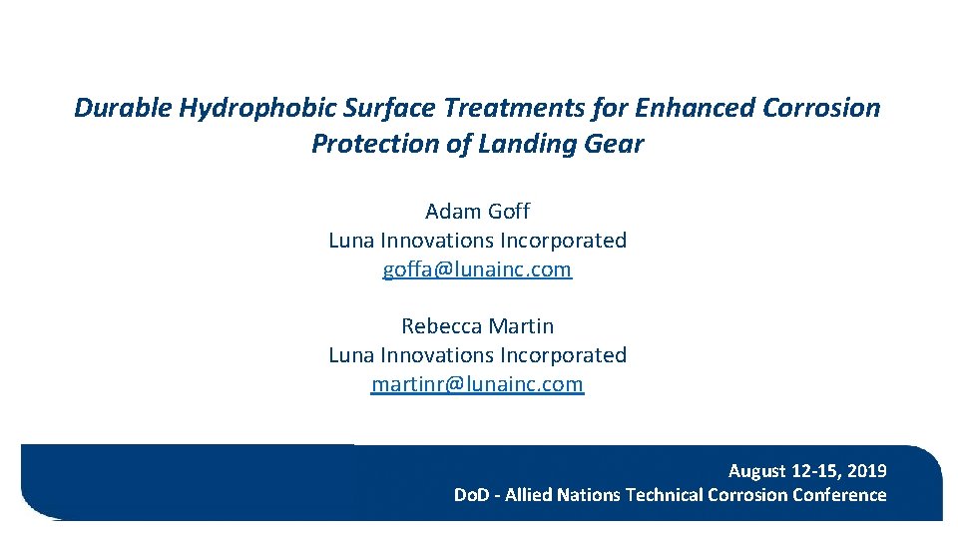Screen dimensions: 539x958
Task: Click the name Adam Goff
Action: pyautogui.click(x=477, y=212)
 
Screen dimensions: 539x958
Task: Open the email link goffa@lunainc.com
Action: pyautogui.click(x=477, y=269)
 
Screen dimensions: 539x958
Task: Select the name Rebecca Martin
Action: pyautogui.click(x=477, y=326)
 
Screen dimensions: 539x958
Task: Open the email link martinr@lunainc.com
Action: pyautogui.click(x=477, y=384)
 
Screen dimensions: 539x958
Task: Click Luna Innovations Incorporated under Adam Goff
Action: pyautogui.click(x=477, y=241)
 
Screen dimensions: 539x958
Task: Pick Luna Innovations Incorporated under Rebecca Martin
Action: pyautogui.click(x=477, y=355)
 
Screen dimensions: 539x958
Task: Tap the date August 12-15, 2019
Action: pyautogui.click(x=806, y=471)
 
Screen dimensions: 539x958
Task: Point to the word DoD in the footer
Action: pyautogui.click(x=471, y=495)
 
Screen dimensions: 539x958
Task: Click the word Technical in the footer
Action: pyautogui.click(x=664, y=495)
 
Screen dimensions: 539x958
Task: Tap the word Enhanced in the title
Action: pyautogui.click(x=693, y=108)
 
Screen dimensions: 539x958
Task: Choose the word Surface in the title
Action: pyautogui.click(x=381, y=108)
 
